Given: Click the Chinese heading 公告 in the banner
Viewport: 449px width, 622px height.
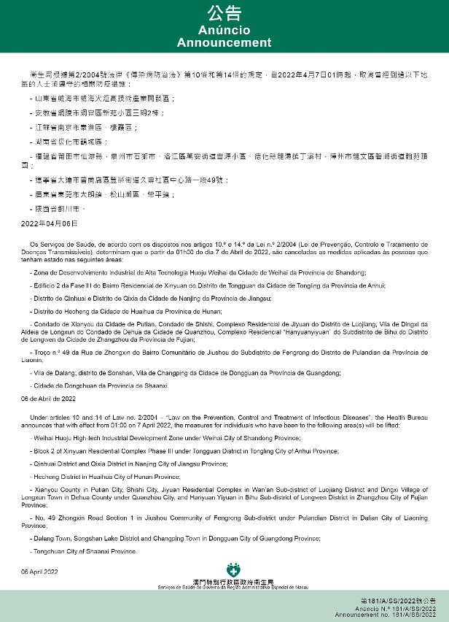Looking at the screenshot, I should [224, 13].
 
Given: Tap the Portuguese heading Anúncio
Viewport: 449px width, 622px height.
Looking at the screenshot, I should [224, 31].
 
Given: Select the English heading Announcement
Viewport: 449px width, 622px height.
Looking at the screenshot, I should [224, 43].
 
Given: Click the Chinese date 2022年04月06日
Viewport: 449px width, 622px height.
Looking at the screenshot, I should [49, 222].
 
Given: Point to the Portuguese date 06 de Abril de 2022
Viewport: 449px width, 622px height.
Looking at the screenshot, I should [49, 399].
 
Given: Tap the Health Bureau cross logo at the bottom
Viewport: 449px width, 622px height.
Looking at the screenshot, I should [233, 569].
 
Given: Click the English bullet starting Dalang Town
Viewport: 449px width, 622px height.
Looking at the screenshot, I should [175, 538].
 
